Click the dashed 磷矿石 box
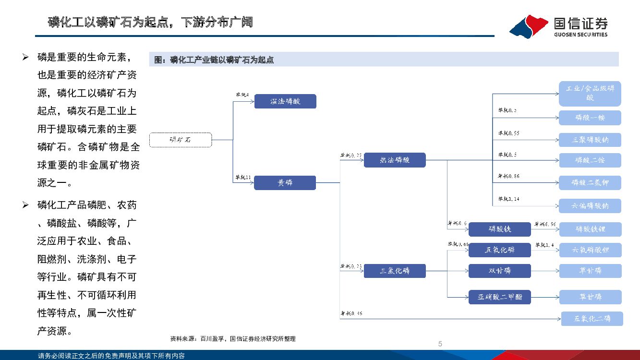tap(181, 140)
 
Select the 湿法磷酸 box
tap(285, 101)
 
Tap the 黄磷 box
tap(285, 183)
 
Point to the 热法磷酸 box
tap(395, 160)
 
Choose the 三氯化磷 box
tap(395, 271)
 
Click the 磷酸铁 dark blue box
tap(500, 229)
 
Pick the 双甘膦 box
tap(500, 271)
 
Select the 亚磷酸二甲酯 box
tap(500, 297)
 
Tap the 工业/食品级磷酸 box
tap(590, 94)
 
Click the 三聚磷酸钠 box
tap(590, 140)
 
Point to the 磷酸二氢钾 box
tap(590, 183)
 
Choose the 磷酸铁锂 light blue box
tap(590, 229)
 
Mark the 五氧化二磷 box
tap(592, 319)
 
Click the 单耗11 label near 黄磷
tap(243, 178)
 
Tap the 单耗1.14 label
tap(508, 198)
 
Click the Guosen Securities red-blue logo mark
tap(529, 27)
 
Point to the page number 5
tap(440, 344)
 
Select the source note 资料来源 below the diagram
tap(233, 339)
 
